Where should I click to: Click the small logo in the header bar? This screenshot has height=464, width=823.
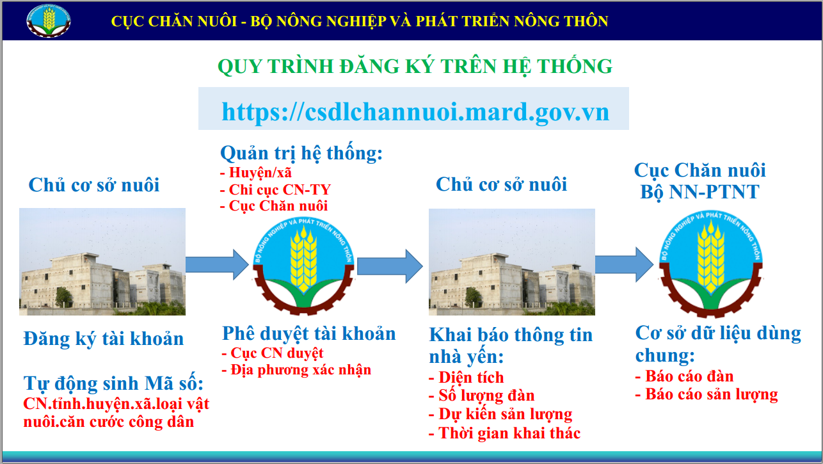click(49, 20)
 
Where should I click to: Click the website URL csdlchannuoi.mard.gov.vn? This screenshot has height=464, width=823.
click(415, 112)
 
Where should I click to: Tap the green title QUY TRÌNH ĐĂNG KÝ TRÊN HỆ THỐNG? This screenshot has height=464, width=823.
click(415, 67)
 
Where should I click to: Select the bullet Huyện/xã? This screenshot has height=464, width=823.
click(256, 172)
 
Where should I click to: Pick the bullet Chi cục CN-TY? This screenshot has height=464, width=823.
click(276, 189)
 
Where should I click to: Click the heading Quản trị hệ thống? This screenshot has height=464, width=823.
click(301, 153)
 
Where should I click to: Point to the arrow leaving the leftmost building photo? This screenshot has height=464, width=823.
click(217, 264)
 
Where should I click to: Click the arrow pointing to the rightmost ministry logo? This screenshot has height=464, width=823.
click(624, 264)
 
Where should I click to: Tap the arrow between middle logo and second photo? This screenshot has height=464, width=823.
click(390, 266)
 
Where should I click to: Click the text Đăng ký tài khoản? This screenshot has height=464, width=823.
click(104, 339)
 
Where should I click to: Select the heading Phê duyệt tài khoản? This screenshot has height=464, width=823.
click(309, 334)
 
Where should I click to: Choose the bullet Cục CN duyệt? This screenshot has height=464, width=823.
click(273, 353)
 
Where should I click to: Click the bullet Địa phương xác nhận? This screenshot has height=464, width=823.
click(296, 369)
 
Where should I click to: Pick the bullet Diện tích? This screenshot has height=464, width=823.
click(467, 378)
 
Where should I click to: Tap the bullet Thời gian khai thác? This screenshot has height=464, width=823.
click(504, 433)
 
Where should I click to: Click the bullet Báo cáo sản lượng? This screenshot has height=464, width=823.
click(707, 394)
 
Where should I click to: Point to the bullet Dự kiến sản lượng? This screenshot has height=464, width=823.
click(500, 414)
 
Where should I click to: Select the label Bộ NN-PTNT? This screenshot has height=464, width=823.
click(699, 192)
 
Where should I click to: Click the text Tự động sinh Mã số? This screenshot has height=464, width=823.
click(113, 383)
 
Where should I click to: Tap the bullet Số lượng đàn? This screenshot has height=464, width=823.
click(482, 396)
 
